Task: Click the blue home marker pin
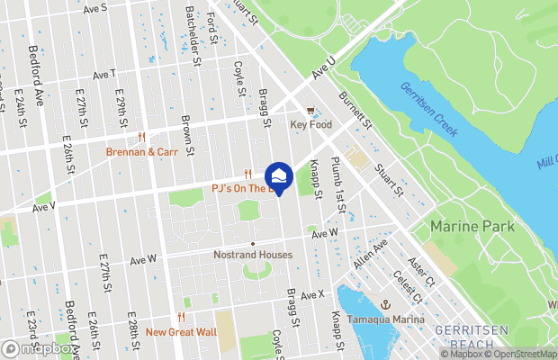(279, 179)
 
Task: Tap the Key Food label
(311, 125)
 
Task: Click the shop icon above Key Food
(311, 112)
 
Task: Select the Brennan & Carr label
(142, 152)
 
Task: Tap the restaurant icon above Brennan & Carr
(142, 138)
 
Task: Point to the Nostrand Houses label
(253, 255)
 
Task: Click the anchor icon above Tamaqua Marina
(384, 304)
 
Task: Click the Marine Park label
(472, 226)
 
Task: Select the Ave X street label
(311, 295)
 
